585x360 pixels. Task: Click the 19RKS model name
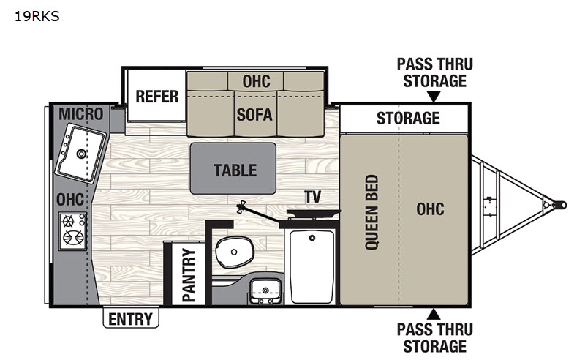pos(37,16)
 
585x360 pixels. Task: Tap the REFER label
pos(156,97)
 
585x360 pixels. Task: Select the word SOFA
pos(254,115)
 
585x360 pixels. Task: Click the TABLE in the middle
pos(233,168)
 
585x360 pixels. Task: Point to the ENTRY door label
pos(131,319)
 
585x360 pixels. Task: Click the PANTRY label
pos(189,275)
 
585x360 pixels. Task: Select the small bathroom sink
pos(265,290)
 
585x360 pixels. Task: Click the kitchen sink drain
pos(81,153)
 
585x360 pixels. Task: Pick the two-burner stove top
pos(72,231)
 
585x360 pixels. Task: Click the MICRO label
pos(80,114)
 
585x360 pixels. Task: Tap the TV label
pos(312,197)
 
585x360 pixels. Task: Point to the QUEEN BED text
pos(371,211)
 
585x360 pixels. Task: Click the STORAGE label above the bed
pos(408,118)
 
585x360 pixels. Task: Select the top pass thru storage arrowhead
pos(433,97)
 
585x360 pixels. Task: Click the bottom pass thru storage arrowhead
pos(433,314)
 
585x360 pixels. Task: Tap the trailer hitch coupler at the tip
pos(559,205)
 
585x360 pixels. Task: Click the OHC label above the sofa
pos(257,81)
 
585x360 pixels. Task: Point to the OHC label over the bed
pos(430,209)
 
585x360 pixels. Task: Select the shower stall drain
pos(312,238)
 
